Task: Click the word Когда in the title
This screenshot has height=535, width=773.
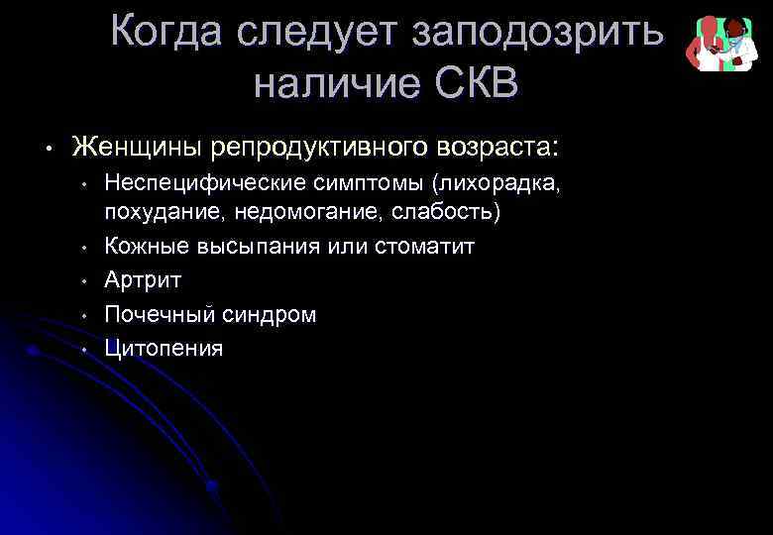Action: pyautogui.click(x=166, y=32)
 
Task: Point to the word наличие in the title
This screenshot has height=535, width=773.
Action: pyautogui.click(x=334, y=84)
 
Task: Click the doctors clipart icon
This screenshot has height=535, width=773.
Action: pyautogui.click(x=720, y=43)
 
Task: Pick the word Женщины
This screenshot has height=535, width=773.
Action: pyautogui.click(x=138, y=148)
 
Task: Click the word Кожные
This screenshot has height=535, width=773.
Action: pyautogui.click(x=140, y=246)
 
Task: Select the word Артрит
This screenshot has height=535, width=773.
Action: pyautogui.click(x=143, y=280)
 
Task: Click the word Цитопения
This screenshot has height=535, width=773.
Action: pyautogui.click(x=164, y=349)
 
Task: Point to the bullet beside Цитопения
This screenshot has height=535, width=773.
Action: pyautogui.click(x=86, y=350)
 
